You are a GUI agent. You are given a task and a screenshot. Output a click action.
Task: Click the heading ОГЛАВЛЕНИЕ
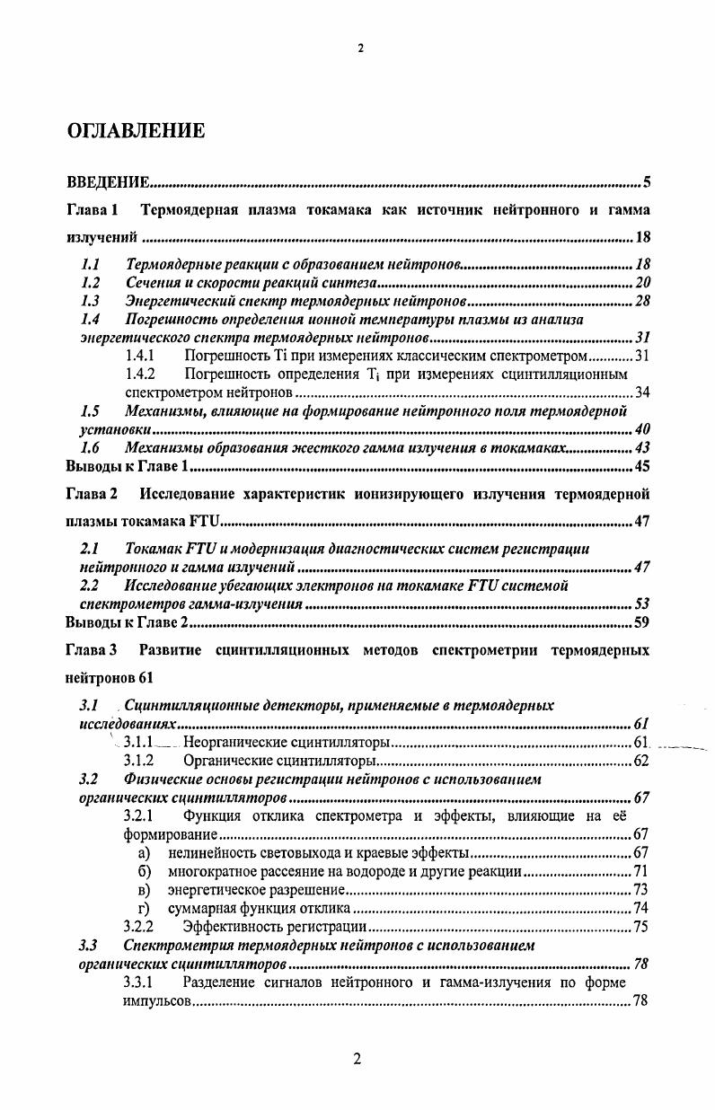pyautogui.click(x=137, y=131)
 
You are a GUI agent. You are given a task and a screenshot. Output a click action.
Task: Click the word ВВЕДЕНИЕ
pyautogui.click(x=108, y=184)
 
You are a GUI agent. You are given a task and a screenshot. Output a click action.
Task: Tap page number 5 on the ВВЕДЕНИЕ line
pyautogui.click(x=646, y=184)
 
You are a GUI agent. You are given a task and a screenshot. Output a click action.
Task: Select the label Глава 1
pyautogui.click(x=93, y=210)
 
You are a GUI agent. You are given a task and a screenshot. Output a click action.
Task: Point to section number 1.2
pyautogui.click(x=89, y=282)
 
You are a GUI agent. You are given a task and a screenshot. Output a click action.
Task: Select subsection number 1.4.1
pyautogui.click(x=142, y=357)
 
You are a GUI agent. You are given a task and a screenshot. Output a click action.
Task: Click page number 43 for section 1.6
pyautogui.click(x=642, y=448)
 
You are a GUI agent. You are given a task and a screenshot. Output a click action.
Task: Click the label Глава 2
pyautogui.click(x=93, y=494)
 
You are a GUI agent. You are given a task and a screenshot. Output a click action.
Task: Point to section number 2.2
pyautogui.click(x=89, y=586)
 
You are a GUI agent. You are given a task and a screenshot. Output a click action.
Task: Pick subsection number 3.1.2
pyautogui.click(x=142, y=762)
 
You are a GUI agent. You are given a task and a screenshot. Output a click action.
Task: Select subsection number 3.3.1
pyautogui.click(x=142, y=982)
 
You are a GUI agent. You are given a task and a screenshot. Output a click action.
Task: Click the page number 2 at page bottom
pyautogui.click(x=357, y=1060)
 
